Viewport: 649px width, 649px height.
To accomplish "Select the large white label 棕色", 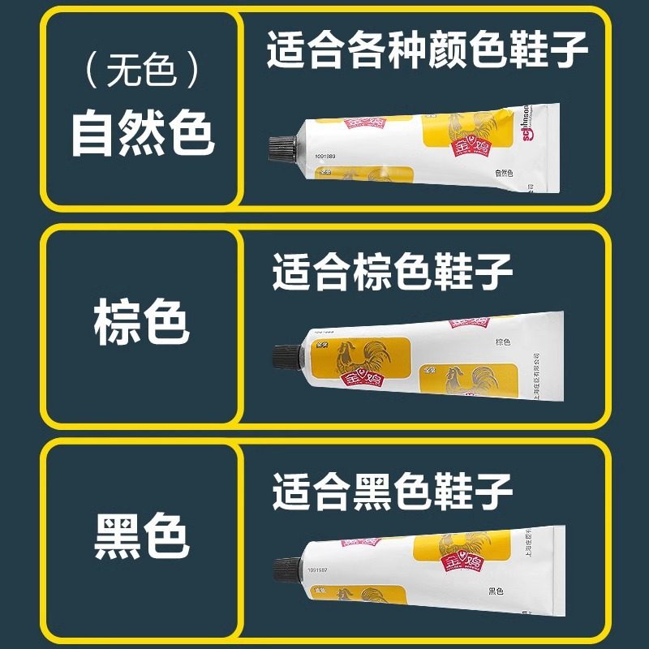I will tap(142, 323).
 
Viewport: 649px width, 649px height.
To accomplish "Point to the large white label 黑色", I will tap(142, 536).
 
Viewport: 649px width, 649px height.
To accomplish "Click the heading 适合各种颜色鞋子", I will tap(428, 50).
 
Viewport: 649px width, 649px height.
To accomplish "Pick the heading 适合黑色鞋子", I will tap(393, 490).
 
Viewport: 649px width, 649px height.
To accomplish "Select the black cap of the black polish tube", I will tap(288, 568).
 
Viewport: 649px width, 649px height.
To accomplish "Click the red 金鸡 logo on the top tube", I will tap(363, 130).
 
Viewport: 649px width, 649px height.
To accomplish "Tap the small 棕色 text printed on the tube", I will tap(502, 342).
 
